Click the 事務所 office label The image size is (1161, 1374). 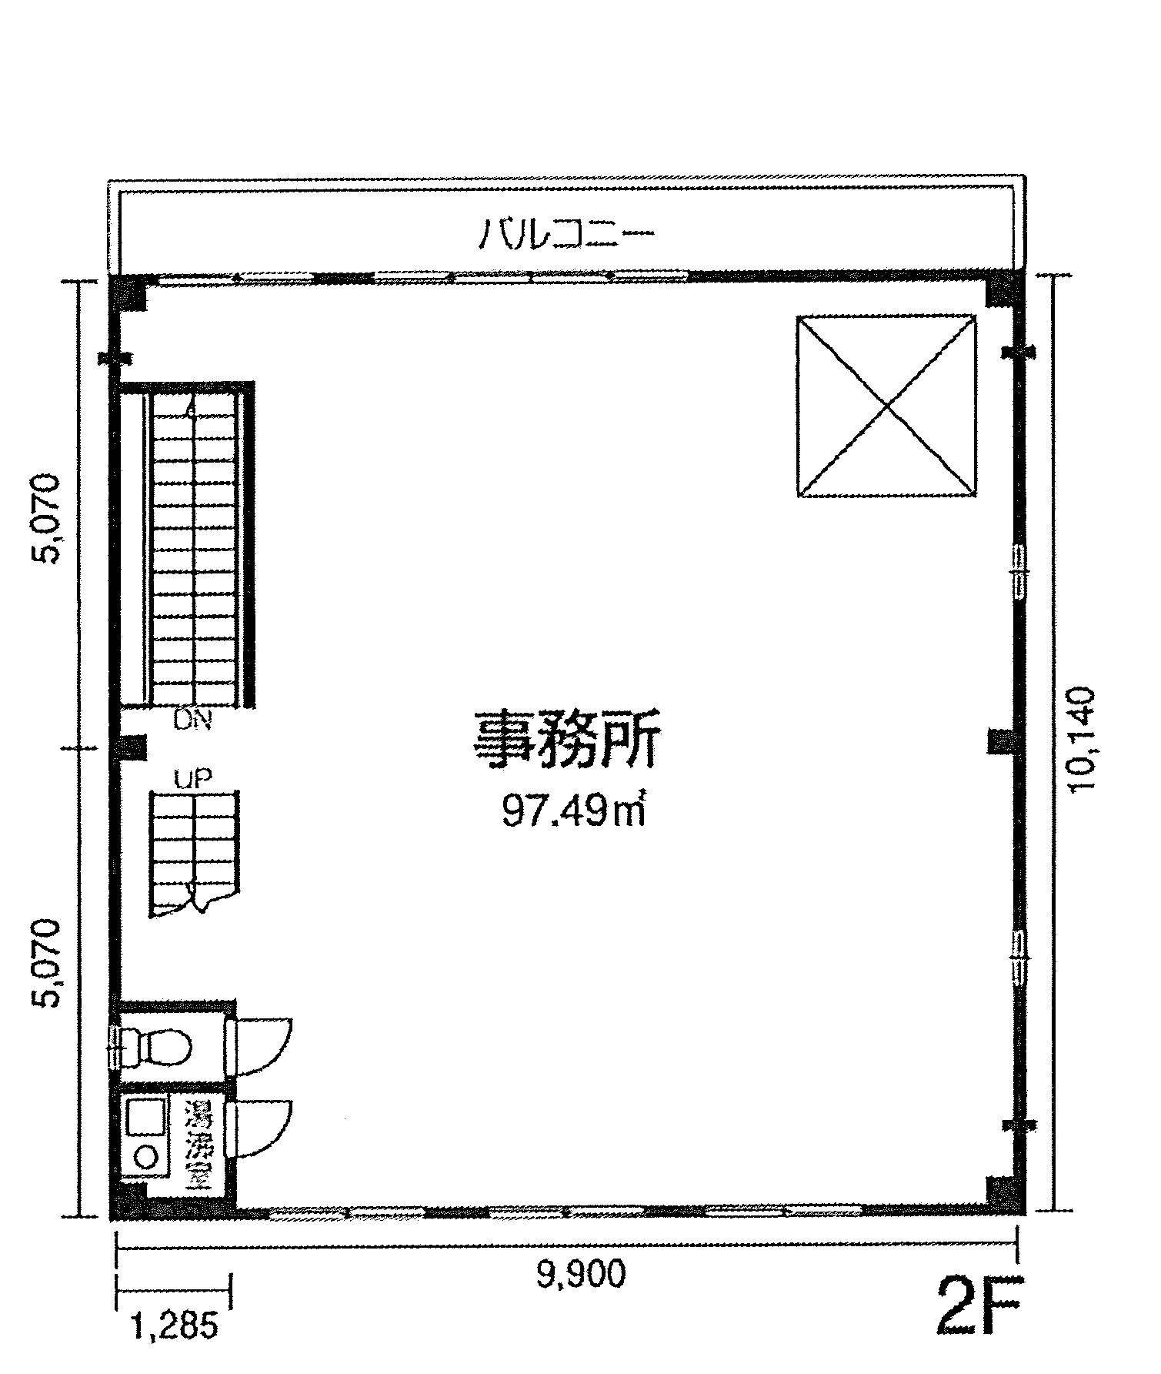coord(566,740)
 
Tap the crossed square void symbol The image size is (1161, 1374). coord(886,406)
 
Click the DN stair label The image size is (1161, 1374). coord(192,721)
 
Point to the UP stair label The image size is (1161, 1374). coord(192,778)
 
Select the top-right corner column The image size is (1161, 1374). coord(1003,291)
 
